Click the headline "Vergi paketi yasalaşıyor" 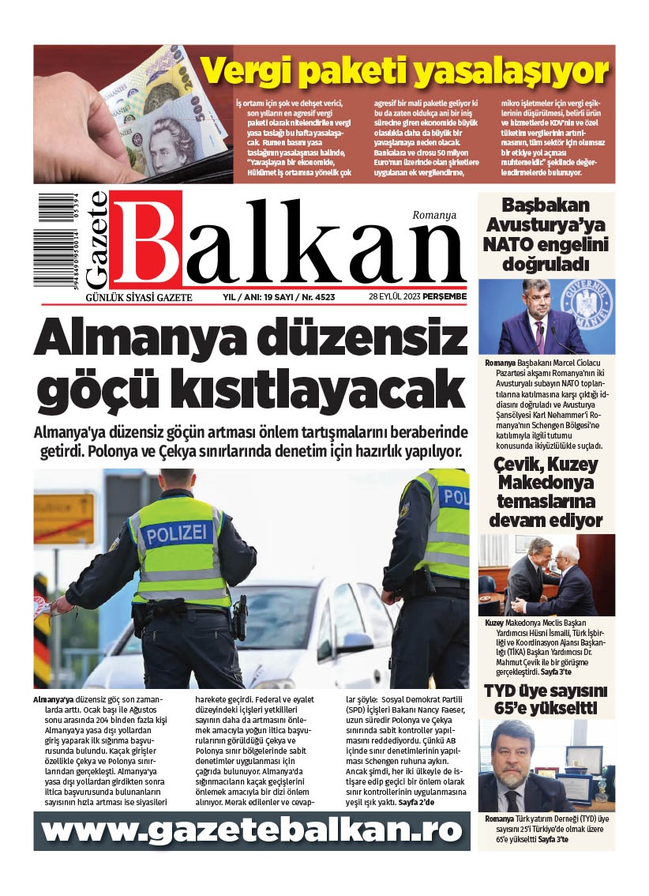click(404, 72)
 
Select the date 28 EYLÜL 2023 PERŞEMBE click(418, 297)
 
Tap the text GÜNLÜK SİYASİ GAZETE click(138, 297)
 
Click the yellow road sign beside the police click(64, 518)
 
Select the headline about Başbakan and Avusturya click(546, 235)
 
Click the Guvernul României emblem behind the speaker click(588, 303)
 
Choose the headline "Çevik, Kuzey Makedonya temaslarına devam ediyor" click(546, 492)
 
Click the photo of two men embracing click(546, 575)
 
